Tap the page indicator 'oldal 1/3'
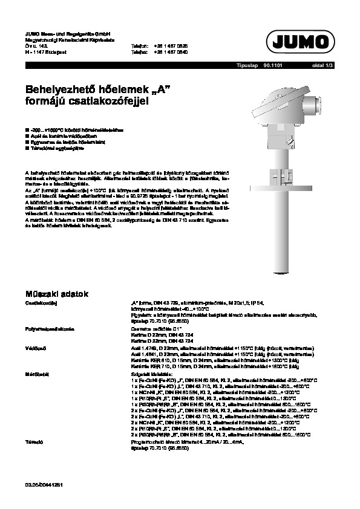(x=322, y=65)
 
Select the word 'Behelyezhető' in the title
(x=59, y=89)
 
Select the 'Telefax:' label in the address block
(x=140, y=52)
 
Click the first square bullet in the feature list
(x=27, y=129)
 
